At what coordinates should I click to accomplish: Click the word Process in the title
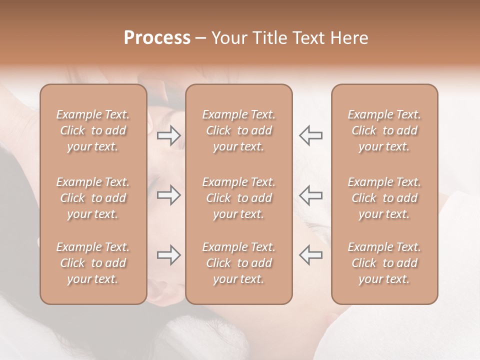[x=157, y=38]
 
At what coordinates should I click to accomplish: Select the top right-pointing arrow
[x=168, y=135]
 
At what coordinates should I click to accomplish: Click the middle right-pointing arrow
[x=168, y=195]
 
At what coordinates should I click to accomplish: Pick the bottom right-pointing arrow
[x=168, y=255]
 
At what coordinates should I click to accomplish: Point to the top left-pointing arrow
[x=311, y=135]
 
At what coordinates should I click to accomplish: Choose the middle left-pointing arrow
[x=311, y=195]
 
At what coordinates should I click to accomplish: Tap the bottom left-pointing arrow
[x=311, y=255]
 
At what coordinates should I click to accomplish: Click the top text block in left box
[x=93, y=130]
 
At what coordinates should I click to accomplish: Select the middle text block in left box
[x=93, y=198]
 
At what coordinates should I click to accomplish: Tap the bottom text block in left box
[x=93, y=263]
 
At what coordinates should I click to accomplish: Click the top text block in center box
[x=239, y=130]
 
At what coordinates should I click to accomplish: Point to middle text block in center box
[x=239, y=198]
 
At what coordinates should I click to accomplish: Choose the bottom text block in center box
[x=239, y=263]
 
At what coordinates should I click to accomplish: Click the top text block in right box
[x=384, y=130]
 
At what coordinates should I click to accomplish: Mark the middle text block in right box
[x=384, y=198]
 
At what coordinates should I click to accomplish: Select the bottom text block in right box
[x=384, y=263]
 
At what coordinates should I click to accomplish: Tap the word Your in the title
[x=229, y=38]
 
